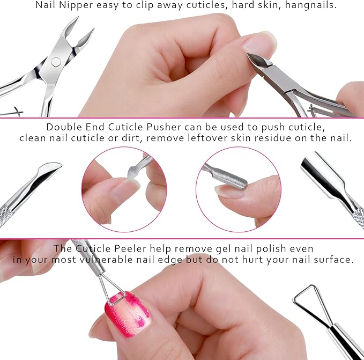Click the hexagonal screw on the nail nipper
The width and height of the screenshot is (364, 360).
[56, 61]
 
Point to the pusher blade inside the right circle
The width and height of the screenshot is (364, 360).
[228, 178]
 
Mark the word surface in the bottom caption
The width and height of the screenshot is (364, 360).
[335, 260]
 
